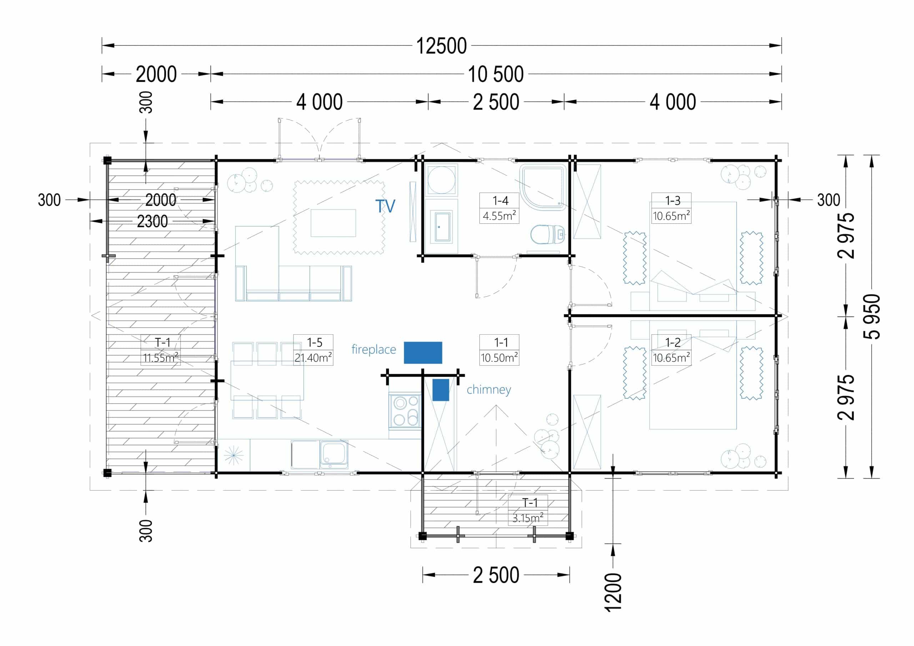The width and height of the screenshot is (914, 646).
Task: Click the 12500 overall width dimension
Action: pyautogui.click(x=442, y=46)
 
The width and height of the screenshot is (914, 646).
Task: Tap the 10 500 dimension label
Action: pyautogui.click(x=496, y=74)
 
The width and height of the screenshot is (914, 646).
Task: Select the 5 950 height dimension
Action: pyautogui.click(x=872, y=317)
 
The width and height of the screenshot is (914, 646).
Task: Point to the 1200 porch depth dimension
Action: pyautogui.click(x=613, y=592)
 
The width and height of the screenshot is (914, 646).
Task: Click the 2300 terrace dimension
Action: pyautogui.click(x=152, y=221)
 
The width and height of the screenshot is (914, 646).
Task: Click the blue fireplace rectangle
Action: pyautogui.click(x=423, y=353)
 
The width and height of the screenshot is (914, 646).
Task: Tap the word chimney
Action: pyautogui.click(x=489, y=390)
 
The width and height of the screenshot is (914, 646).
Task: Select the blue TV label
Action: pyautogui.click(x=385, y=206)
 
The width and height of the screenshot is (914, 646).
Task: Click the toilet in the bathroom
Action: pyautogui.click(x=548, y=234)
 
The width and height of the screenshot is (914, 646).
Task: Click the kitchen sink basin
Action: pyautogui.click(x=334, y=454)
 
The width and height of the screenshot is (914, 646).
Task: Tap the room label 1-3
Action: pyautogui.click(x=673, y=200)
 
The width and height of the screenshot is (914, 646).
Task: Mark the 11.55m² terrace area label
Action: pyautogui.click(x=160, y=357)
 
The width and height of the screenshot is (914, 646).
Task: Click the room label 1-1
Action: pyautogui.click(x=501, y=342)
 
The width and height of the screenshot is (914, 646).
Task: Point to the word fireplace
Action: pyautogui.click(x=374, y=349)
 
